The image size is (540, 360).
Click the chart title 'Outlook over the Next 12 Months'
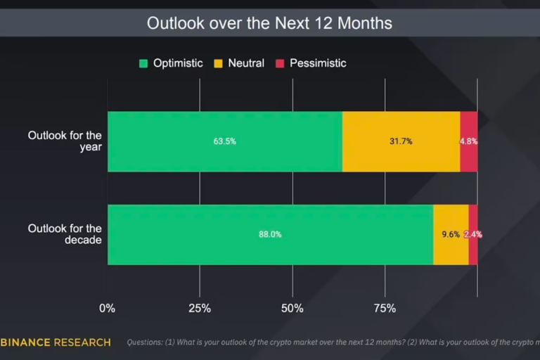pos(269,22)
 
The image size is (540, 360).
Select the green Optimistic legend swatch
pos(143,63)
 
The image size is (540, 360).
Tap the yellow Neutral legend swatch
pos(219,63)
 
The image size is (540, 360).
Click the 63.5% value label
pos(225,141)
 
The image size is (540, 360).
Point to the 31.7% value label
pos(401,141)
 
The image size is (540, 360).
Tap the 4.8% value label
pos(469,141)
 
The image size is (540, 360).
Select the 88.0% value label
pos(270,235)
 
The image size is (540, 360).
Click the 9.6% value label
pos(451,235)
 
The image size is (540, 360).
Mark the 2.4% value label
pos(473,235)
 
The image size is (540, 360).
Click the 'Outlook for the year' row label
pos(65,141)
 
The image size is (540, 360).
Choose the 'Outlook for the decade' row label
pos(65,234)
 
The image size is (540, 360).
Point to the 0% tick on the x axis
pos(107,308)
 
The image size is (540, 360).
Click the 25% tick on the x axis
pos(200,308)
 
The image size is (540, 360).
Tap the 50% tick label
pos(292,308)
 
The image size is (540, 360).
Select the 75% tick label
pos(385,308)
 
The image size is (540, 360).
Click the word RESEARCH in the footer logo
pos(82,342)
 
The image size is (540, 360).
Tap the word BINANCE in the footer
pos(25,342)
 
